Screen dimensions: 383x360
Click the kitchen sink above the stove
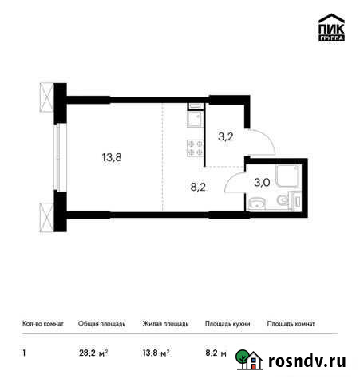[194, 119]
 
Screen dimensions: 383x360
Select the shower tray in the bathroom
[285, 174]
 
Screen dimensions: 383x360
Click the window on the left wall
[57, 158]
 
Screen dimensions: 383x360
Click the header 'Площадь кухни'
[227, 324]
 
